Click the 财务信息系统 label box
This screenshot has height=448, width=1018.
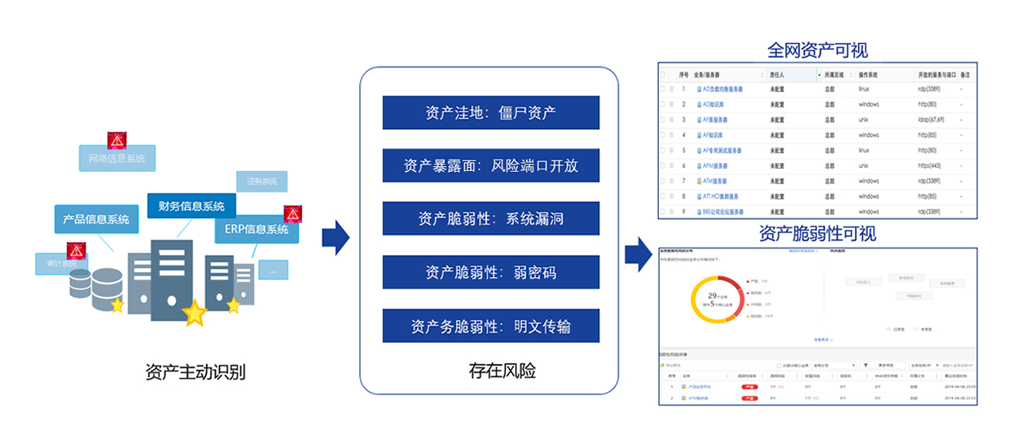(x=191, y=206)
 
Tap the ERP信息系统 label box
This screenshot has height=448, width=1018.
(x=256, y=229)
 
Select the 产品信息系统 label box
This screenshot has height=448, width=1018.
(x=96, y=219)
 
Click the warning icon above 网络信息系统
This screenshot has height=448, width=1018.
(x=117, y=140)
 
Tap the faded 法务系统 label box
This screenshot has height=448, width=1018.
(x=261, y=181)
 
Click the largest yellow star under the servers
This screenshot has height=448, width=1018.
(x=195, y=313)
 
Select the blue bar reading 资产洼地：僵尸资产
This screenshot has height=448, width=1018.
(x=490, y=112)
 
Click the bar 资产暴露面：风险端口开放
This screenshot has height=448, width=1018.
(x=490, y=165)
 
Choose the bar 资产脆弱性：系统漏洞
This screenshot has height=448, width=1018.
(x=490, y=218)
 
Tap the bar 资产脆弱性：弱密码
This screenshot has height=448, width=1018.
(x=490, y=272)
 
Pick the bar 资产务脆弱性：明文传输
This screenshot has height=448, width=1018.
(x=490, y=326)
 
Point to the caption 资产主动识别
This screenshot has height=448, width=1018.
(x=195, y=373)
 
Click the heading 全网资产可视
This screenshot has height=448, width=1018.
(x=818, y=51)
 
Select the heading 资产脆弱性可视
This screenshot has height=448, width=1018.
(x=818, y=234)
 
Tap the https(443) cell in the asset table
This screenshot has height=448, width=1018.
(x=931, y=165)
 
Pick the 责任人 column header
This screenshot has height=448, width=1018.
(x=779, y=74)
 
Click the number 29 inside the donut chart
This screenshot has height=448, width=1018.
(x=713, y=296)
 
